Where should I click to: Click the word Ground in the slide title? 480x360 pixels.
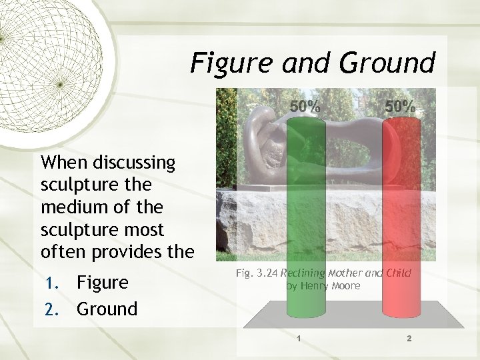(x=387, y=63)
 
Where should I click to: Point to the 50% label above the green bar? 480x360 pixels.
(x=305, y=106)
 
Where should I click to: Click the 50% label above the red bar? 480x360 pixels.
(x=400, y=106)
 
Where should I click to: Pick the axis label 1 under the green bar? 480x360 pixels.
(x=299, y=339)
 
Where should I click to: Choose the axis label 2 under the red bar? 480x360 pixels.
(x=409, y=339)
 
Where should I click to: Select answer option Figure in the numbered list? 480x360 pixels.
(x=103, y=283)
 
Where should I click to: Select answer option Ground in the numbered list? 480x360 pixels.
(x=107, y=309)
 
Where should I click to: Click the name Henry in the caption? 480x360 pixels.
(x=315, y=286)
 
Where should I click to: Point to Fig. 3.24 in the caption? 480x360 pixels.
(x=257, y=273)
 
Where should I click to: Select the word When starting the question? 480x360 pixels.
(x=65, y=162)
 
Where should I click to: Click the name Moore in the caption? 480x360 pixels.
(x=347, y=286)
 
